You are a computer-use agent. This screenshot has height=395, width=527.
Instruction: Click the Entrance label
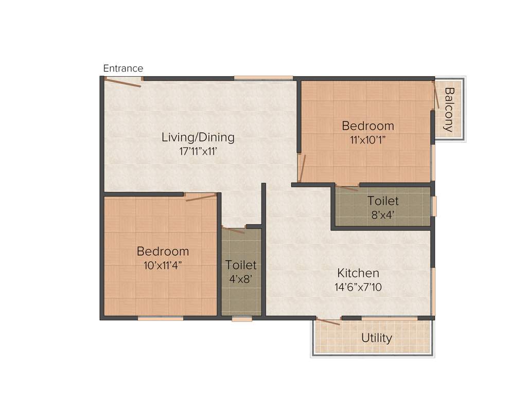[x=123, y=68]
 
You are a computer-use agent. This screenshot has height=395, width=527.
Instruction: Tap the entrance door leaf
[x=122, y=82]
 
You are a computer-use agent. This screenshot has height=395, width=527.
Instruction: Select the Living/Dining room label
[x=198, y=137]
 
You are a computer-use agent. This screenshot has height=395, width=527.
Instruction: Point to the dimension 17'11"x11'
[x=198, y=152]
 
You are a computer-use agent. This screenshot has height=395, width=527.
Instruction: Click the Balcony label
[x=449, y=110]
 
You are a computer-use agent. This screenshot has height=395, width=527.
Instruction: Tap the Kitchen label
[x=358, y=273]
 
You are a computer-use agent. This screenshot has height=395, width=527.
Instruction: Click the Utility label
[x=376, y=338]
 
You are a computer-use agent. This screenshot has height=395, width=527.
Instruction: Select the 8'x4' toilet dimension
[x=383, y=214]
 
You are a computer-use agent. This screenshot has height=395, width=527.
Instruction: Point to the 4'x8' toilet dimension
[x=241, y=279]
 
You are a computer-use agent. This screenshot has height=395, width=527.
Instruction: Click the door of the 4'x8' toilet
[x=233, y=229]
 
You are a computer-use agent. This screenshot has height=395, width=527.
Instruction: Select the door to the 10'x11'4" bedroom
[x=201, y=197]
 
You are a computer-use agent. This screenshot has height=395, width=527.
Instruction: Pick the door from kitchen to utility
[x=328, y=321]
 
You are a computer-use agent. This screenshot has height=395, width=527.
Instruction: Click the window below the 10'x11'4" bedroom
[x=161, y=318]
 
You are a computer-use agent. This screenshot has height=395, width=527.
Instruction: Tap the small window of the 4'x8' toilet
[x=242, y=319]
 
